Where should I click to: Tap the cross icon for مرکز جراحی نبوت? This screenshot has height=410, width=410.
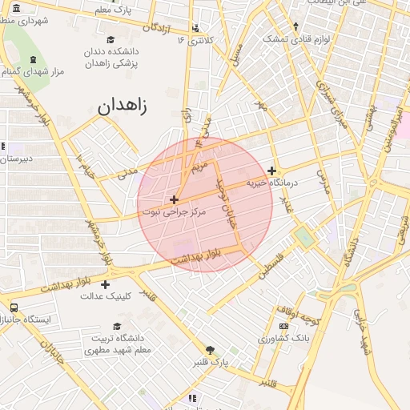pos(174,199)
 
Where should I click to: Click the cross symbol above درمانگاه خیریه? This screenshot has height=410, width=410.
pos(272,171)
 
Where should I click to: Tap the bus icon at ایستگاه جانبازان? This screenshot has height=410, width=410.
pos(14,307)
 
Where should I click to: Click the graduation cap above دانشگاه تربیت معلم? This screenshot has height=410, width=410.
pos(118,326)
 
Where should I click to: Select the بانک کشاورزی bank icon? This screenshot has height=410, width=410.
pos(283,326)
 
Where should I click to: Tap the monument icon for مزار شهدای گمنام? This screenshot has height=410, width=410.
pos(32,60)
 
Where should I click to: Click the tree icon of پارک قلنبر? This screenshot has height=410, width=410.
pos(210,350)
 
